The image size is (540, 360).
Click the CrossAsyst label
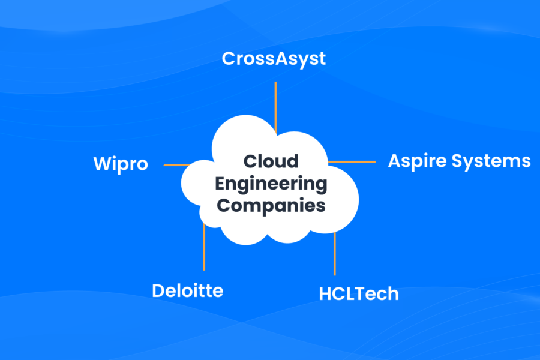[x=274, y=59]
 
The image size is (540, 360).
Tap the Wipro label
[x=121, y=164]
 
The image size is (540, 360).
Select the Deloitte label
[x=187, y=291]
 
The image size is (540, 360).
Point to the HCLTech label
[x=359, y=293]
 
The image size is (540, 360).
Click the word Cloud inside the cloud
[x=271, y=162]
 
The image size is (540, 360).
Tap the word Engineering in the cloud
[x=271, y=184]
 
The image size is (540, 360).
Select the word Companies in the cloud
[x=271, y=205]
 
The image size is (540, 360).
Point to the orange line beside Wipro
[x=177, y=164]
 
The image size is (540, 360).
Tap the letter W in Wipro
[x=102, y=164]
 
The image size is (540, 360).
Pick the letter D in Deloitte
[x=158, y=291]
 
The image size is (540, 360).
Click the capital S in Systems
[x=461, y=161]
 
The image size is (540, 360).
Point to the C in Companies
[x=224, y=205]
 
